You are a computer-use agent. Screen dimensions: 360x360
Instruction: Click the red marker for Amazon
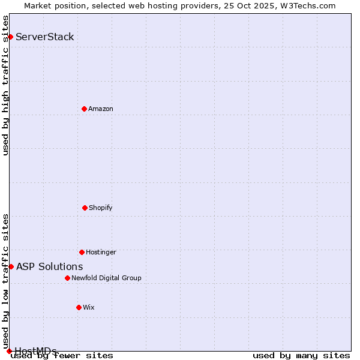click(84, 109)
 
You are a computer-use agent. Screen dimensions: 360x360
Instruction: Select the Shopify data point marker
click(85, 208)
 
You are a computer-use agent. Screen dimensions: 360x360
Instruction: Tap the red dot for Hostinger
click(82, 252)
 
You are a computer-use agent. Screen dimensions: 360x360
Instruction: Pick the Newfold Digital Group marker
click(67, 278)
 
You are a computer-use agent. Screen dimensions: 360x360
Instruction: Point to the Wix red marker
click(79, 307)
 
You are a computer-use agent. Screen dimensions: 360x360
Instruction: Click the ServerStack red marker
click(10, 37)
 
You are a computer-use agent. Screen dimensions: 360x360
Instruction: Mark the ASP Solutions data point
click(11, 266)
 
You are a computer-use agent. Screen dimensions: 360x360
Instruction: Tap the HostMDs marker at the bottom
click(9, 351)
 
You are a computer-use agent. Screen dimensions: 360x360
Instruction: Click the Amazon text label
click(101, 109)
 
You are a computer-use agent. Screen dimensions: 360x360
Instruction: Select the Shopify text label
click(101, 208)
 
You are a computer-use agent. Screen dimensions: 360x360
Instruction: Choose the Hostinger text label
click(101, 252)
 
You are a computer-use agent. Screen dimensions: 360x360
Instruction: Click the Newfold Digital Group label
click(106, 278)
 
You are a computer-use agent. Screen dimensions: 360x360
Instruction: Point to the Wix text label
click(89, 307)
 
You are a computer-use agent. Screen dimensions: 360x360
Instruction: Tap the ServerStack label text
click(45, 37)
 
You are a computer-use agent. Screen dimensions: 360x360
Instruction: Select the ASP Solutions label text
click(50, 266)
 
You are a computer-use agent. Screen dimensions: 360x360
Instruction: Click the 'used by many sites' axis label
click(301, 355)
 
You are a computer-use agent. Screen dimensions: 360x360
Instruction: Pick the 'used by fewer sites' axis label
click(62, 355)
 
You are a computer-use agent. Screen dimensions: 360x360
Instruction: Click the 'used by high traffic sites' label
click(5, 85)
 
